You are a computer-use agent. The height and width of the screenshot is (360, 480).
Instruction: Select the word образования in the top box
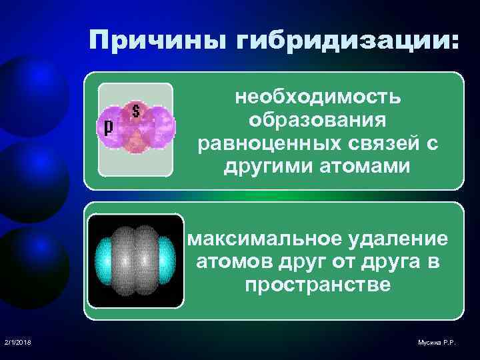coord(317,121)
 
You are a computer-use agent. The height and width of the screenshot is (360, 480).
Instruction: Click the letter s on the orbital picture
coord(137,111)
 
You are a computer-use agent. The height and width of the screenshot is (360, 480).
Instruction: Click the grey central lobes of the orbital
coord(136,261)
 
